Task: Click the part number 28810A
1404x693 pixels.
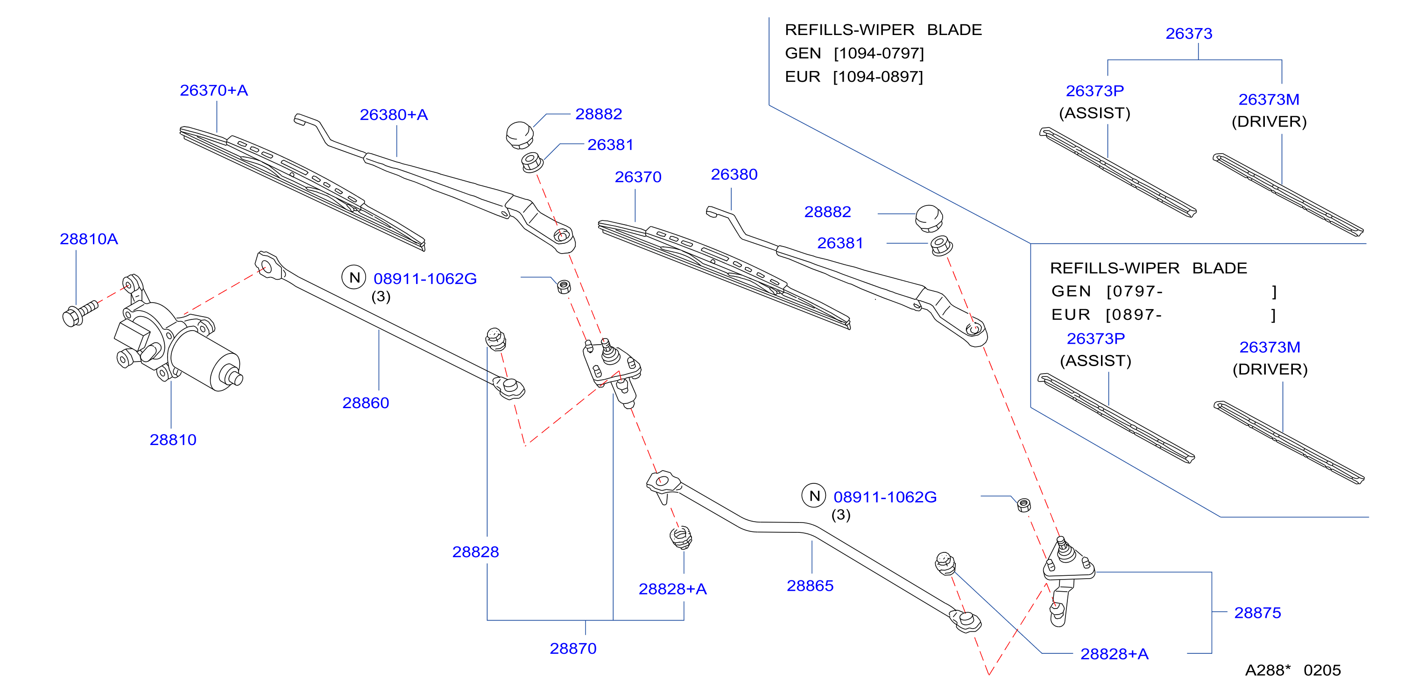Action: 89,239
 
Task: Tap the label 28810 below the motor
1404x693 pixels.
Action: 173,439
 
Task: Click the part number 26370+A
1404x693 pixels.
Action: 214,90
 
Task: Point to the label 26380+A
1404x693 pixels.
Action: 394,114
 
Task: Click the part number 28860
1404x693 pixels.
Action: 366,403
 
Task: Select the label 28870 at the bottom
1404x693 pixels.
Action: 573,648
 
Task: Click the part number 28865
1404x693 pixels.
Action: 810,586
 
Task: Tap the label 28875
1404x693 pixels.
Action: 1257,613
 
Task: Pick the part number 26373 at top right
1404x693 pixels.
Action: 1189,33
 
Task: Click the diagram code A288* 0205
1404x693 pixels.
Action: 1293,670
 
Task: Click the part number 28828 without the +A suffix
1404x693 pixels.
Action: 475,552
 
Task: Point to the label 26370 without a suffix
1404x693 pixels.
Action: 638,177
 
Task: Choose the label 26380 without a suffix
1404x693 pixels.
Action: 734,174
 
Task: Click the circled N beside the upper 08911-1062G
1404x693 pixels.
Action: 354,277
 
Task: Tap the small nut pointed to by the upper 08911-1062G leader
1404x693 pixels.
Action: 564,286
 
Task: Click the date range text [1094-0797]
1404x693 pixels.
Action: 879,53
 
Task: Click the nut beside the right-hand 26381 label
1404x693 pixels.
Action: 941,245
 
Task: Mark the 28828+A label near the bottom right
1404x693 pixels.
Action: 1114,654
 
